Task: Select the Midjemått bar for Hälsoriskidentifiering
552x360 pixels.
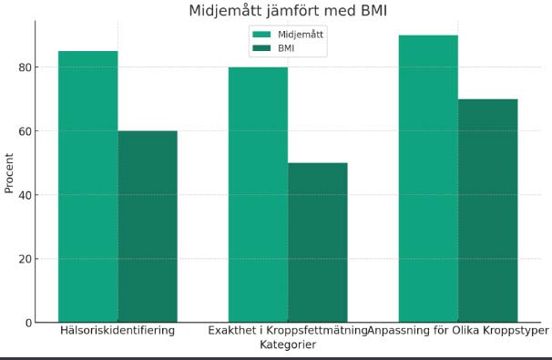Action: click(x=87, y=186)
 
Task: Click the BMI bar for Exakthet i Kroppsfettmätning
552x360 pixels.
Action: click(x=317, y=242)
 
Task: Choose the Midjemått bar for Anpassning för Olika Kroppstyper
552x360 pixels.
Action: click(x=428, y=178)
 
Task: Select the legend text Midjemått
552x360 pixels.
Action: click(x=301, y=34)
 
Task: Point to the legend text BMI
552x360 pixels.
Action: click(x=288, y=48)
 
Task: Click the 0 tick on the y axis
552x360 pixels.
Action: click(x=28, y=323)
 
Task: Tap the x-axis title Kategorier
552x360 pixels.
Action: click(x=287, y=345)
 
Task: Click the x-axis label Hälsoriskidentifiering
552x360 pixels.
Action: click(x=118, y=330)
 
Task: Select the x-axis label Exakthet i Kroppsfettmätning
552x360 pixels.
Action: click(x=287, y=330)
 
